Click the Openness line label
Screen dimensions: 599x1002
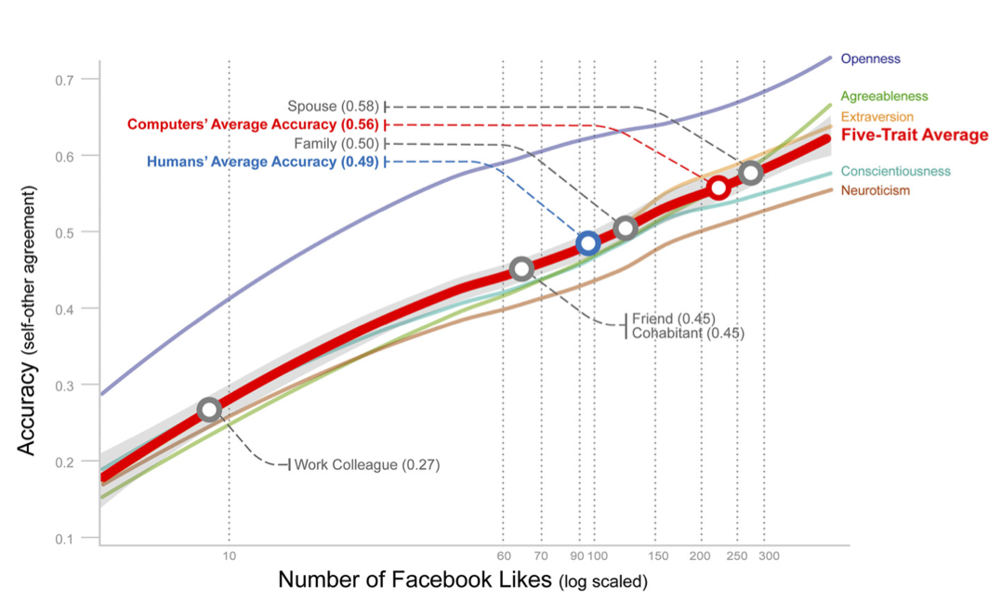click(870, 59)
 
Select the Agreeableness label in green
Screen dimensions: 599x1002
click(883, 96)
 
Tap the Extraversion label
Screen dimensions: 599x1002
click(877, 117)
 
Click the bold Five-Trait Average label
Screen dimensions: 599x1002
click(914, 136)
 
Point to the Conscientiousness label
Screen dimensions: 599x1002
click(895, 171)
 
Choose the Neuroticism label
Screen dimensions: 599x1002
click(875, 190)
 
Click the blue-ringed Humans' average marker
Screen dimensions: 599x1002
click(587, 243)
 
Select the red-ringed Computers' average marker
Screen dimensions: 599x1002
click(718, 188)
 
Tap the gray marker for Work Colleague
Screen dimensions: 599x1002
click(210, 410)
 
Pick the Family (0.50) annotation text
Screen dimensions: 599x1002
click(336, 143)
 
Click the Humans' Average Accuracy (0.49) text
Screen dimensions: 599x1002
click(262, 162)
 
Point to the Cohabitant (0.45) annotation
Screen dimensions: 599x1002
click(688, 332)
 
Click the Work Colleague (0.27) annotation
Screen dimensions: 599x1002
click(366, 464)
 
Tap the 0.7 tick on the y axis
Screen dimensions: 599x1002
click(63, 79)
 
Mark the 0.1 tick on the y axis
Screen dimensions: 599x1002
click(63, 539)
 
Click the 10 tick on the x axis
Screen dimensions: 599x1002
click(229, 556)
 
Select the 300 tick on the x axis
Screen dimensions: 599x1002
click(768, 556)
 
